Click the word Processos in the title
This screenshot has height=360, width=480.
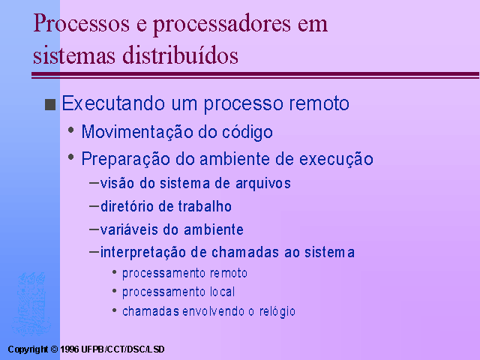[82, 23]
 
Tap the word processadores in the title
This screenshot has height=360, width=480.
[222, 25]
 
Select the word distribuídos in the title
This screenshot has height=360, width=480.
[180, 55]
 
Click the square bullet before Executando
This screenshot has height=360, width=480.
[50, 104]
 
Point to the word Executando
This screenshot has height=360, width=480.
[113, 103]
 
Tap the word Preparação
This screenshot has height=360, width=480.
[126, 159]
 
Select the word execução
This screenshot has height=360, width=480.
[336, 159]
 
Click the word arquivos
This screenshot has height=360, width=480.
[263, 184]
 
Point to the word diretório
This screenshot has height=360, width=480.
[127, 206]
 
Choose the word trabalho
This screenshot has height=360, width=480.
[205, 206]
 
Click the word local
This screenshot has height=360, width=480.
[222, 292]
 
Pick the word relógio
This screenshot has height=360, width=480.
[277, 312]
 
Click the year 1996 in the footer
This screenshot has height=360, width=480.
[69, 349]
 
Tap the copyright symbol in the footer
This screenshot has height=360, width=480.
[54, 349]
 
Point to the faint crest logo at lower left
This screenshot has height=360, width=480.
[31, 304]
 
